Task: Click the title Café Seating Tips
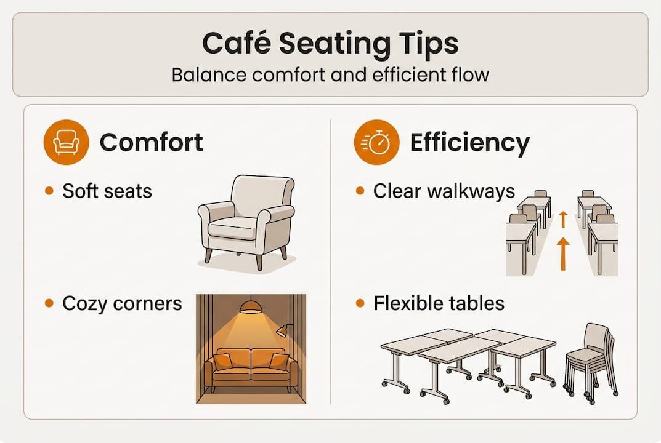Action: (x=330, y=44)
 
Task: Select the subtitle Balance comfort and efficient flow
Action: (x=330, y=74)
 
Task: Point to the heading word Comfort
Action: (x=151, y=143)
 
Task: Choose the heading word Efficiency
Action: (x=469, y=143)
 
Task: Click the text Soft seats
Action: (x=107, y=191)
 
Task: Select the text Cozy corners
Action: (x=122, y=303)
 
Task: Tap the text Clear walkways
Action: (x=444, y=191)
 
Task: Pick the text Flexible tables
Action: (x=439, y=303)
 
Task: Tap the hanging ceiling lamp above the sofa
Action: (x=250, y=306)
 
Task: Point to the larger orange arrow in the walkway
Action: (x=562, y=253)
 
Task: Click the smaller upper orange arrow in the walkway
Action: (x=562, y=219)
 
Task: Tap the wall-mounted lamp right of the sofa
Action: (x=283, y=330)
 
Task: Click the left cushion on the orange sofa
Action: (x=223, y=361)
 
